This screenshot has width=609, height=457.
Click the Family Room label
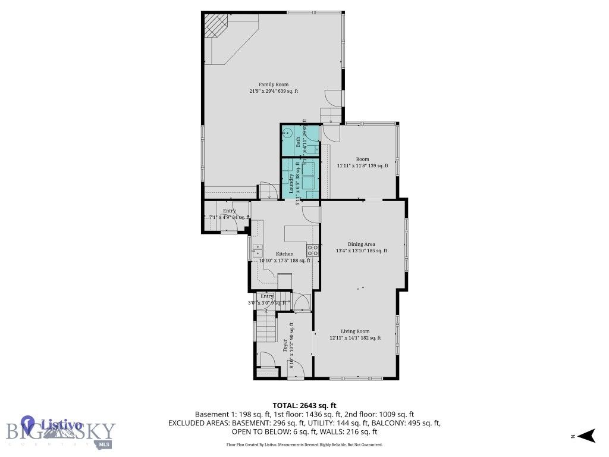[x=274, y=84]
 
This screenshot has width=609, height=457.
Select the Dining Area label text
[x=361, y=244]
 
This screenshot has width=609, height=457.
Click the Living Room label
[x=355, y=331]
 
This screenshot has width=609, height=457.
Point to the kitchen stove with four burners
[x=312, y=250]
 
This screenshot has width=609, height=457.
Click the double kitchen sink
[x=257, y=250]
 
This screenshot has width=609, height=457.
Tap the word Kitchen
[x=284, y=254]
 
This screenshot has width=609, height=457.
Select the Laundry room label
[x=291, y=184]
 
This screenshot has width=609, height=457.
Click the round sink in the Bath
[x=286, y=133]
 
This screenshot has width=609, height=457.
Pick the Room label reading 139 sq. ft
[x=362, y=159]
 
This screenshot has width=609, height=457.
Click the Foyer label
[x=285, y=346]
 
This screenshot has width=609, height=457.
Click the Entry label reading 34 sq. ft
[x=230, y=211]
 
